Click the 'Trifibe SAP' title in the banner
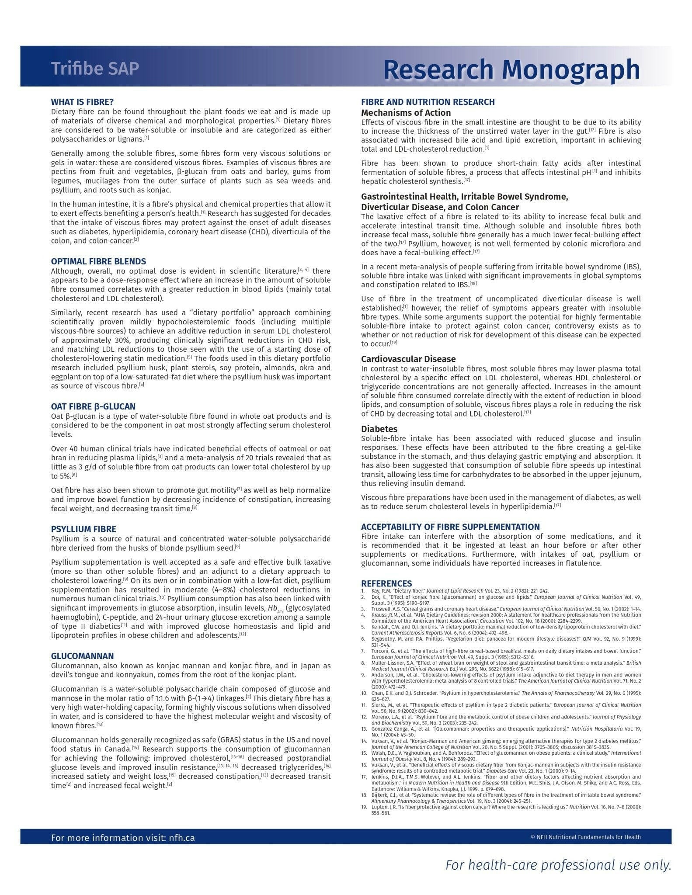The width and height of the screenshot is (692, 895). (95, 69)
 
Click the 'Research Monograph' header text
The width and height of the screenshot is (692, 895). (511, 69)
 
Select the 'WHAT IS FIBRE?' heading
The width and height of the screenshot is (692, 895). (82, 102)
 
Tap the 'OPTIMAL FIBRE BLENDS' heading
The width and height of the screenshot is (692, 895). (98, 261)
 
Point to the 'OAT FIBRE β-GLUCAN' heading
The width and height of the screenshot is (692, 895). (93, 406)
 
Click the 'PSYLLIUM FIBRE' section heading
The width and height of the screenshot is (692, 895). (83, 529)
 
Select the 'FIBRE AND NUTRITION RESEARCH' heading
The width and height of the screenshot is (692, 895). (428, 102)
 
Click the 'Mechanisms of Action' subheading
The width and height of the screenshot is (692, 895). (406, 113)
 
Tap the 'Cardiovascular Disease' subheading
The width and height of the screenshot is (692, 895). (408, 359)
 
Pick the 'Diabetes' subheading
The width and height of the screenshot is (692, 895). (379, 429)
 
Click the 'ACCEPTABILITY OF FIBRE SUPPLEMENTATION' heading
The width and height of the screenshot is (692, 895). (450, 527)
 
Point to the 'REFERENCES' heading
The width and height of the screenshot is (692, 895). (386, 583)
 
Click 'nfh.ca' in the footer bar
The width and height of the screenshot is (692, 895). (182, 838)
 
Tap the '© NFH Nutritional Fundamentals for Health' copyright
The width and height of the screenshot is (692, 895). (585, 837)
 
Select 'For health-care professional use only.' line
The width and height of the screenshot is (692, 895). (558, 865)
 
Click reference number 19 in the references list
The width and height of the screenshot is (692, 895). (364, 807)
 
